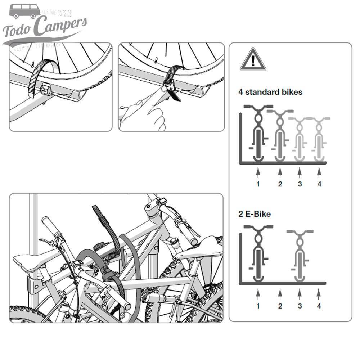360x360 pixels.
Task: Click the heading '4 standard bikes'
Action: [270, 92]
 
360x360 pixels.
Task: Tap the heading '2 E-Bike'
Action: [254, 214]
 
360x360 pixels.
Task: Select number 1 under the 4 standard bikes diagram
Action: [258, 184]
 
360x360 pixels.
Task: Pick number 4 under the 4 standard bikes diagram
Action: [319, 184]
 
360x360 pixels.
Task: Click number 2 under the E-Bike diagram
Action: [280, 306]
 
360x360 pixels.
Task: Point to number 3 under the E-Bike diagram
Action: [300, 306]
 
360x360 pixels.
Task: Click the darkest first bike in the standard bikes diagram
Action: [258, 133]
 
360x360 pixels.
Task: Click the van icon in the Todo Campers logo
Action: [24, 11]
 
